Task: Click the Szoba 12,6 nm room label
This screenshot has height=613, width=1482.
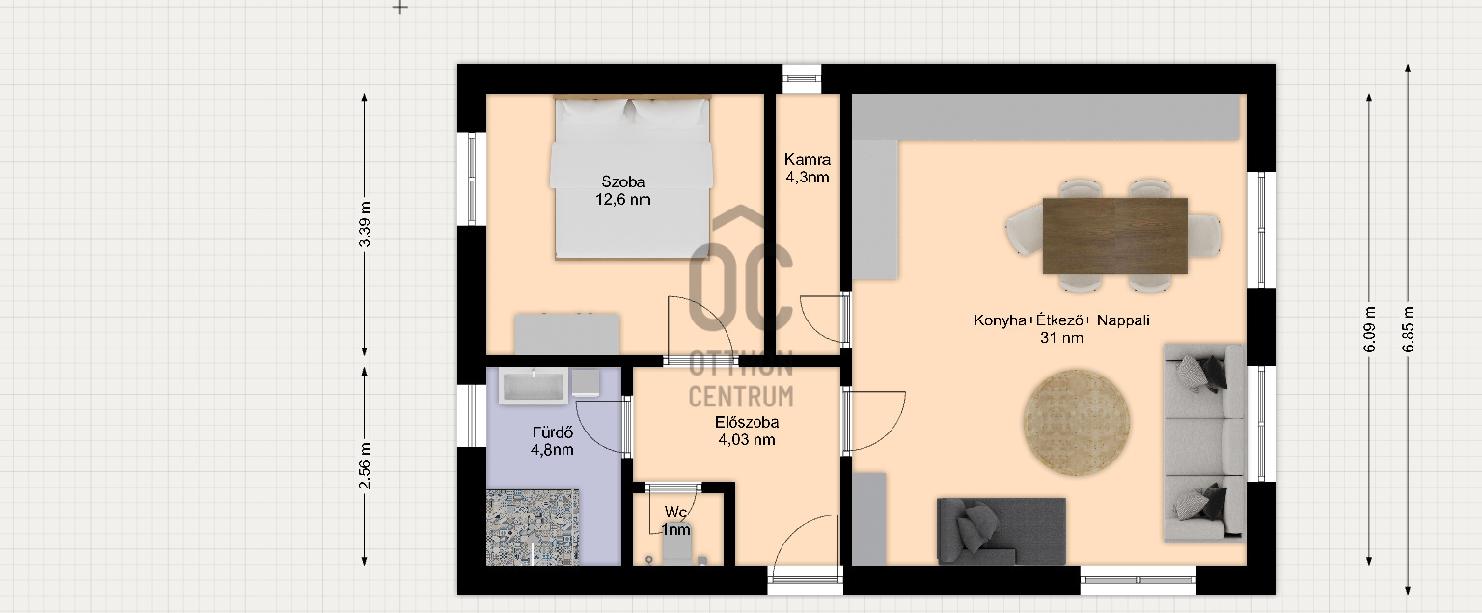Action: [x=622, y=190]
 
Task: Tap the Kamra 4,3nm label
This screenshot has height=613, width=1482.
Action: [x=808, y=168]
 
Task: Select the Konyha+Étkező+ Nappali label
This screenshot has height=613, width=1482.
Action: [x=1061, y=329]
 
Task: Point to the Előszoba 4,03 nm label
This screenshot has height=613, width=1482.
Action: [x=746, y=431]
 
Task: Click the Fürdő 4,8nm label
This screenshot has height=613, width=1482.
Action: [x=553, y=441]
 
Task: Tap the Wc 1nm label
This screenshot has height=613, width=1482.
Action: [x=675, y=521]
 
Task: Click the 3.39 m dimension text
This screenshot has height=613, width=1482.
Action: [x=365, y=224]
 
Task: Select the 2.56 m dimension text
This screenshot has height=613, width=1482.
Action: [x=365, y=466]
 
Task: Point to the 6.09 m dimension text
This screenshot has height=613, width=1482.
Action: [x=1369, y=329]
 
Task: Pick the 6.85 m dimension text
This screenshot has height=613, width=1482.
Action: [x=1408, y=329]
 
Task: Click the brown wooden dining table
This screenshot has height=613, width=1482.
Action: [x=1114, y=236]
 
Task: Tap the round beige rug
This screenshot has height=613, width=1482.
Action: [x=1077, y=423]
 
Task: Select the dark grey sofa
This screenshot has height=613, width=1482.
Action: [x=1001, y=532]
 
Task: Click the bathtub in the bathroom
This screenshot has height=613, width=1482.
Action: [x=534, y=386]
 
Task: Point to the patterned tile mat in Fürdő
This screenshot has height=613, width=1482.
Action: [x=533, y=528]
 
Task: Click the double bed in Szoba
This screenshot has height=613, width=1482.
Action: [x=632, y=178]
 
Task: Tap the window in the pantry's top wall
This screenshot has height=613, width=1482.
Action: [x=802, y=79]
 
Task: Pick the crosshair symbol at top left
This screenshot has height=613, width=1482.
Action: [x=399, y=8]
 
